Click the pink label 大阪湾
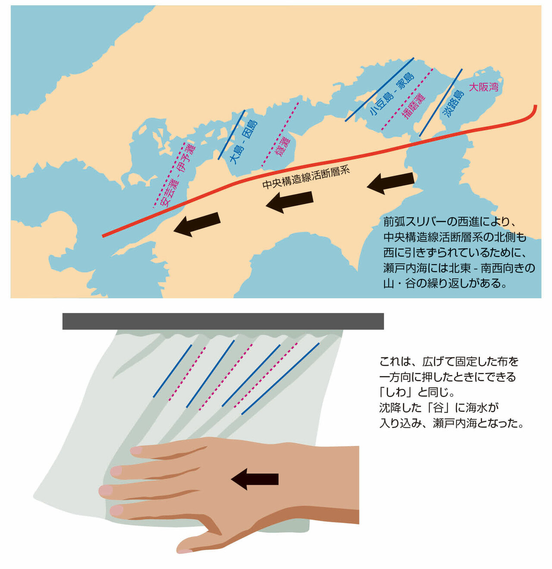[483, 87]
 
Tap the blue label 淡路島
[453, 104]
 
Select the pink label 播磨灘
[414, 106]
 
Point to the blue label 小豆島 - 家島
[392, 93]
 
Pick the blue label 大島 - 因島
[243, 142]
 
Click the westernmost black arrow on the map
[197, 224]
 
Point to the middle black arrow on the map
[289, 202]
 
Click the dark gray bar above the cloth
[223, 321]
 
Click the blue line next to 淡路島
[440, 103]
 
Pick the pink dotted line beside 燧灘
[280, 135]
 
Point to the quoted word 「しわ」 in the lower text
[398, 392]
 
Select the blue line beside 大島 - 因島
[231, 135]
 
